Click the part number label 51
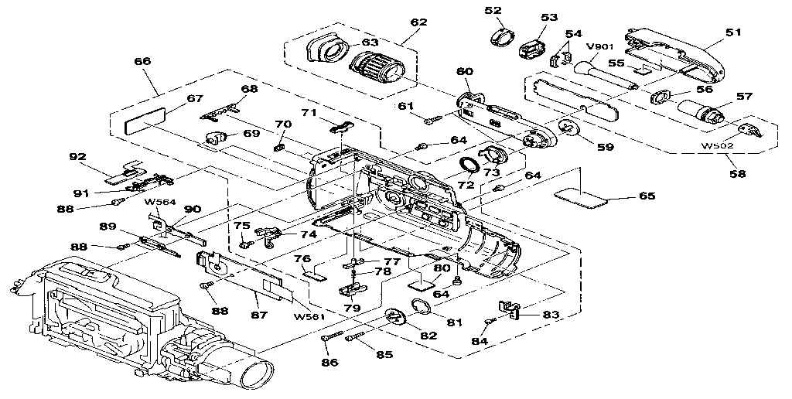pos(733,32)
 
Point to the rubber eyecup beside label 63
pos(326,51)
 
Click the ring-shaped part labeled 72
pos(469,165)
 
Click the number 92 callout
pos(77,156)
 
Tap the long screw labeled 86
pos(331,338)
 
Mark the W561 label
pos(309,315)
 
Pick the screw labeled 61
pos(433,118)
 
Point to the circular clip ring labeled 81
pos(418,307)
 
